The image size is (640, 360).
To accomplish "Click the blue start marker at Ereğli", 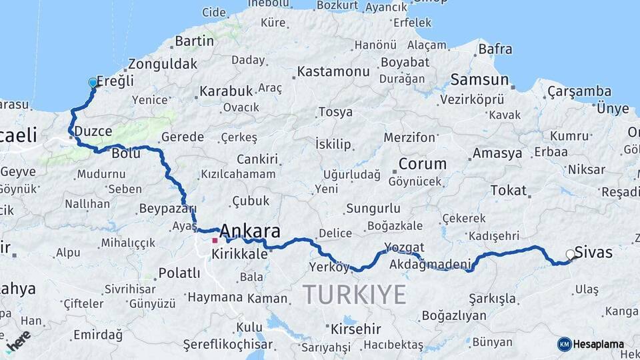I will pyautogui.click(x=93, y=83).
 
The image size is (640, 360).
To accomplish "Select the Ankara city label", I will pyautogui.click(x=249, y=231).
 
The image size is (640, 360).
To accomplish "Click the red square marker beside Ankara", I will pyautogui.click(x=215, y=241).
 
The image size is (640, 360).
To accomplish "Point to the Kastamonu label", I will pyautogui.click(x=333, y=71).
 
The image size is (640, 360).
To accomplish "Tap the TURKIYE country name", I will pyautogui.click(x=355, y=294).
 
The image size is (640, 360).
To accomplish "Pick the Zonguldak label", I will pyautogui.click(x=162, y=64).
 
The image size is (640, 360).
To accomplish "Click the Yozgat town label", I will pyautogui.click(x=405, y=247).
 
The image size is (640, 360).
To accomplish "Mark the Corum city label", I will pyautogui.click(x=423, y=163).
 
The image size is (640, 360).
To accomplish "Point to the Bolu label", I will pyautogui.click(x=126, y=153).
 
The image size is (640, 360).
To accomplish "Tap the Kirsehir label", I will pyautogui.click(x=355, y=329).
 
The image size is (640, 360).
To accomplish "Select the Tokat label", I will pyautogui.click(x=509, y=191).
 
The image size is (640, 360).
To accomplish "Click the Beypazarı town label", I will pyautogui.click(x=163, y=209).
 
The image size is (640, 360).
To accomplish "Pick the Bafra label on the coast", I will pyautogui.click(x=495, y=49).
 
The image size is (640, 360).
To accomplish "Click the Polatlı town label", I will pyautogui.click(x=179, y=273).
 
